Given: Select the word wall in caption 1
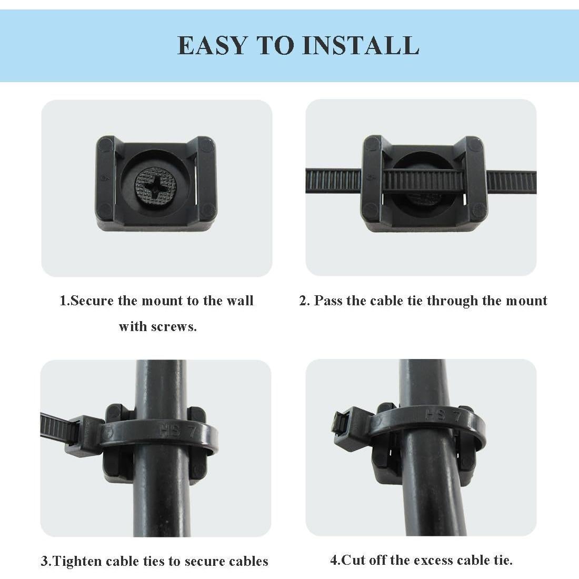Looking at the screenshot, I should point(239,301).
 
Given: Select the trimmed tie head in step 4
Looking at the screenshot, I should point(345,423).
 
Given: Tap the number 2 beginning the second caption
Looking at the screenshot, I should point(304,301).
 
